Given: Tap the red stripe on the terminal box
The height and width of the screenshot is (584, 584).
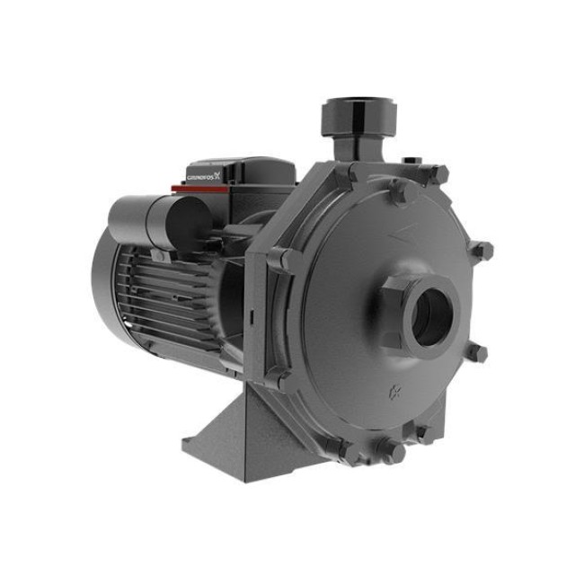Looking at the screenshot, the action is tap(200, 189).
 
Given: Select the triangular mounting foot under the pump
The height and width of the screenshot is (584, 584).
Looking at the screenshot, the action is tap(238, 439).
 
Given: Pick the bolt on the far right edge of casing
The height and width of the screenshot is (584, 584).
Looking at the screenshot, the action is tap(482, 251).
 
